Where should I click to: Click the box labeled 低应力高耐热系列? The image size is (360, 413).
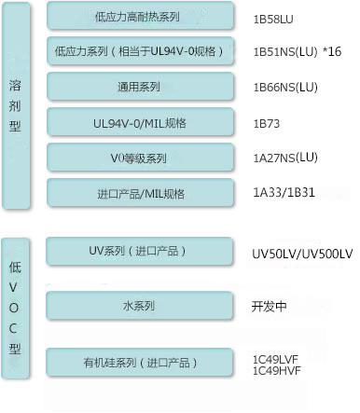pos(140,16)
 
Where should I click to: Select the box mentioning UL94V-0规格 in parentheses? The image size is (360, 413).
pos(140,51)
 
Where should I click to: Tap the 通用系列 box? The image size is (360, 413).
pos(140,87)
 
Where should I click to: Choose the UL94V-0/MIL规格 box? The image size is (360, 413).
pos(140,122)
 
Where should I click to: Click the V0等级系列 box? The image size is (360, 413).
pos(140,158)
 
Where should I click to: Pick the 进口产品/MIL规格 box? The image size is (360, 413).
pos(140,193)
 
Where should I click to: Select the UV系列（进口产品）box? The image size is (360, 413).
pos(139,252)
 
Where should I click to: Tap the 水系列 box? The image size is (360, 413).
pos(139,306)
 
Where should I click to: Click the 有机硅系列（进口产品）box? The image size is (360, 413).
pos(139,363)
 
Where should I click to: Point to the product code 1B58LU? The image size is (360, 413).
pos(273,20)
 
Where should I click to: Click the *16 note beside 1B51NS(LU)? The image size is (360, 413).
pos(332,51)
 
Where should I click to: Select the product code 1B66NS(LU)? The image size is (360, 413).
pos(285,88)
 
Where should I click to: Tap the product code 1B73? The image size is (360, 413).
pos(267,124)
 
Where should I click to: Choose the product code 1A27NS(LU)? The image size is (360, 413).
pos(285,158)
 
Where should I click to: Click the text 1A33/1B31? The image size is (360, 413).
pos(284,192)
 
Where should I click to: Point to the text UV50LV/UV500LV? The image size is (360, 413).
pos(302,255)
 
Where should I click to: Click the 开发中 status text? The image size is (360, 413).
pos(269,307)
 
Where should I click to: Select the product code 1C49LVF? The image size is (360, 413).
pos(275,360)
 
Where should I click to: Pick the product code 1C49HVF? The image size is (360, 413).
pos(276,371)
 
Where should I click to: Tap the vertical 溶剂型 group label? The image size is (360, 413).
pos(15,105)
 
